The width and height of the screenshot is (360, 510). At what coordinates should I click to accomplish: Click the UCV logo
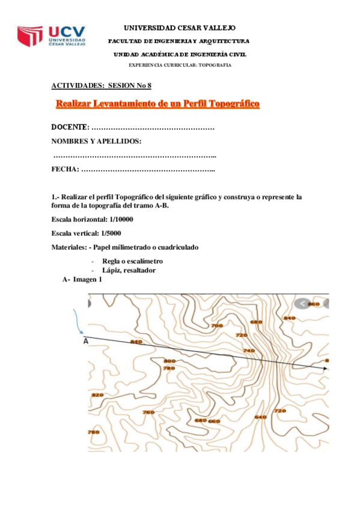coord(52,37)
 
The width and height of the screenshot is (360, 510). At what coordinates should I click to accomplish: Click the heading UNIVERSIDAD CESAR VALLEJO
coord(180,28)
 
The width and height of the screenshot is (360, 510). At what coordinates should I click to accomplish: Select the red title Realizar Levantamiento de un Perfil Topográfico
coord(157,104)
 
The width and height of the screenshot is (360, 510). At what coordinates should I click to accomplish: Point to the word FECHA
coord(65,170)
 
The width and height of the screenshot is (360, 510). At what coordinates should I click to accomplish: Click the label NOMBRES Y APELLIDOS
coord(97,141)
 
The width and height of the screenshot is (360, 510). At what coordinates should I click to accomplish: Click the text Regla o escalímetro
coord(132,262)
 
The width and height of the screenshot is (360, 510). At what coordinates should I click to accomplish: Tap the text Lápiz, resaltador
coord(129,271)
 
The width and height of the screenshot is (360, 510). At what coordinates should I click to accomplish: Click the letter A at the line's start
coord(85,341)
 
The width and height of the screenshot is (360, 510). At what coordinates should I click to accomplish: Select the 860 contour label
coord(313,304)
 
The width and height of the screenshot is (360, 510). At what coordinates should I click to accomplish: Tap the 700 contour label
coord(217,325)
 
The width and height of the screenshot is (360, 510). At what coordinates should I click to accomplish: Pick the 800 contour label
coord(169,361)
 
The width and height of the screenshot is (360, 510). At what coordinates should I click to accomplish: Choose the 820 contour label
coord(97,395)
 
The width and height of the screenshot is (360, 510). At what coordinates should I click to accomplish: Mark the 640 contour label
coord(260,417)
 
